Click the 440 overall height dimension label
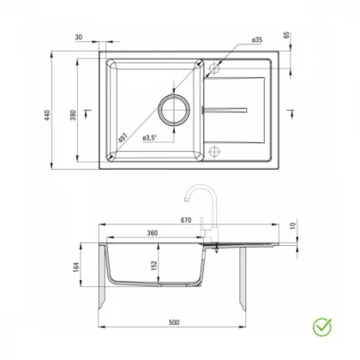pos(47,115)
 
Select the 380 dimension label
pos(73,115)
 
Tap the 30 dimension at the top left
pos(79,37)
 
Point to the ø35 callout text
pos(257,39)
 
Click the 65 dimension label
pos(286,35)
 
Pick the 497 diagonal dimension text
pos(123,138)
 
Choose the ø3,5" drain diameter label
pos(150,138)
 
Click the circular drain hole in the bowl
pos(174,110)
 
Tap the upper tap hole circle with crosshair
pos(214,69)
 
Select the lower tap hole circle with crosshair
pos(214,152)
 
